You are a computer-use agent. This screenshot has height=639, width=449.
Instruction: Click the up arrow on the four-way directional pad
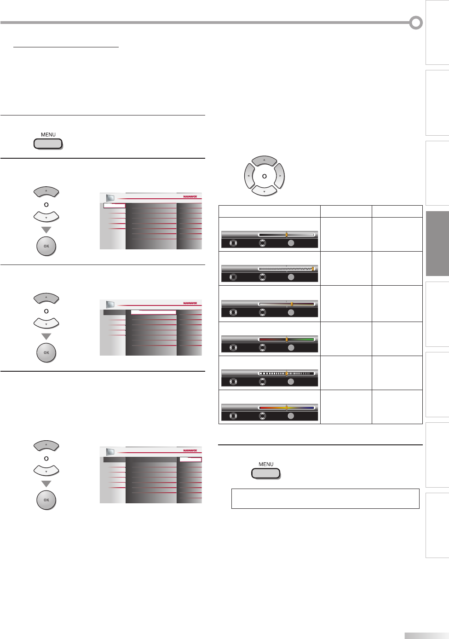click(x=264, y=161)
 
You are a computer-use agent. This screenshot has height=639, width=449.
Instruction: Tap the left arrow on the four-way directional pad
click(x=249, y=176)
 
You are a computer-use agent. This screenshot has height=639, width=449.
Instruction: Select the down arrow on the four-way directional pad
click(x=264, y=191)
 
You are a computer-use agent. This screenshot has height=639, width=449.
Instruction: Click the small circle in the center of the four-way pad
click(x=264, y=176)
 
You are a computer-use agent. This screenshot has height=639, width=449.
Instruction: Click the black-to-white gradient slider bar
click(x=286, y=235)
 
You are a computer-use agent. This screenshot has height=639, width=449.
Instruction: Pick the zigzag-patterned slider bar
click(x=286, y=269)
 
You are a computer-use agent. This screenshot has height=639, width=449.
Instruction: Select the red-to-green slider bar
click(x=286, y=340)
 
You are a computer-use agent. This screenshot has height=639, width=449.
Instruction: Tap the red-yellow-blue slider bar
click(x=286, y=408)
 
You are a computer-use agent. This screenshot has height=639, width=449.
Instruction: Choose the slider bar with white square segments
click(x=286, y=374)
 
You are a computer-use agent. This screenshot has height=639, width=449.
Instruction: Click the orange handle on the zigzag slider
click(x=313, y=269)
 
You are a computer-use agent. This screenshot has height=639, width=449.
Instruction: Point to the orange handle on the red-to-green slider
click(x=287, y=340)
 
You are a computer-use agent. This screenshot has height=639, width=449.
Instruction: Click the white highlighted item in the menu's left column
click(x=114, y=206)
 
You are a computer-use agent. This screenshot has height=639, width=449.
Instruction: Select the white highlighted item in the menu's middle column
click(x=153, y=312)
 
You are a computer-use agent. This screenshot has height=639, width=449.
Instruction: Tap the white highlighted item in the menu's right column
click(x=190, y=459)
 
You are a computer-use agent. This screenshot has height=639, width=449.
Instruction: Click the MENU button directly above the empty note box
click(x=265, y=473)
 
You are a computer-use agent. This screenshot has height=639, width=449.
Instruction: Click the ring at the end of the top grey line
click(x=416, y=23)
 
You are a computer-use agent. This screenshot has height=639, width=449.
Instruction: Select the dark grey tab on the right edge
click(x=437, y=244)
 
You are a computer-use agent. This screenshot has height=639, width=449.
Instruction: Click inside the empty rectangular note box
click(x=325, y=499)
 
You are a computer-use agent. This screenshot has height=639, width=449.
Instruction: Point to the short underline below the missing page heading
click(x=66, y=47)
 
